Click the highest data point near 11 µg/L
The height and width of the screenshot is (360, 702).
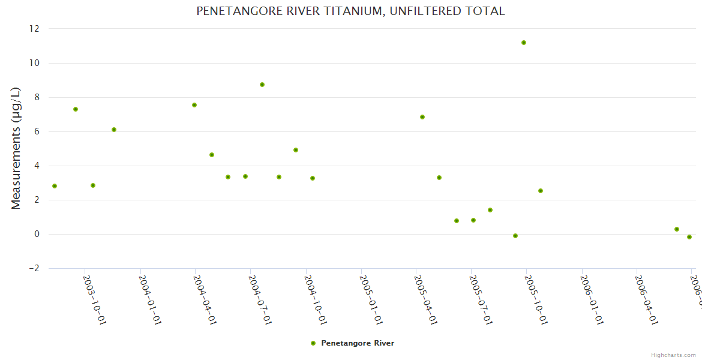click(524, 43)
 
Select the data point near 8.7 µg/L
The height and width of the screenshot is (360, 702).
click(262, 85)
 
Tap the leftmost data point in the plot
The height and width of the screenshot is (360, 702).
click(55, 186)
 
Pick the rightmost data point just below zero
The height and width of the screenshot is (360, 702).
click(689, 237)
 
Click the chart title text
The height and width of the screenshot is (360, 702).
click(350, 11)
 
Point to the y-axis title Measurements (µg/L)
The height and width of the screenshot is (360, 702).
click(16, 148)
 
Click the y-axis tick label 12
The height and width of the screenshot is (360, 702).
click(34, 29)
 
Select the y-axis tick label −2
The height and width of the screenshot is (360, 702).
click(34, 268)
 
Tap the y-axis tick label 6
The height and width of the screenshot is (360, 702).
click(37, 131)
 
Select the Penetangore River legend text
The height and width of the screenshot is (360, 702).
click(358, 343)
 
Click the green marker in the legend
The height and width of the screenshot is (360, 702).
click(313, 343)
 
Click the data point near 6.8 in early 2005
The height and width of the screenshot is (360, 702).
click(422, 117)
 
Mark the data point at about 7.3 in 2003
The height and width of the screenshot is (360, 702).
click(76, 109)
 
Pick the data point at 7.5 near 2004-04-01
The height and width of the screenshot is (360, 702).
click(194, 105)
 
